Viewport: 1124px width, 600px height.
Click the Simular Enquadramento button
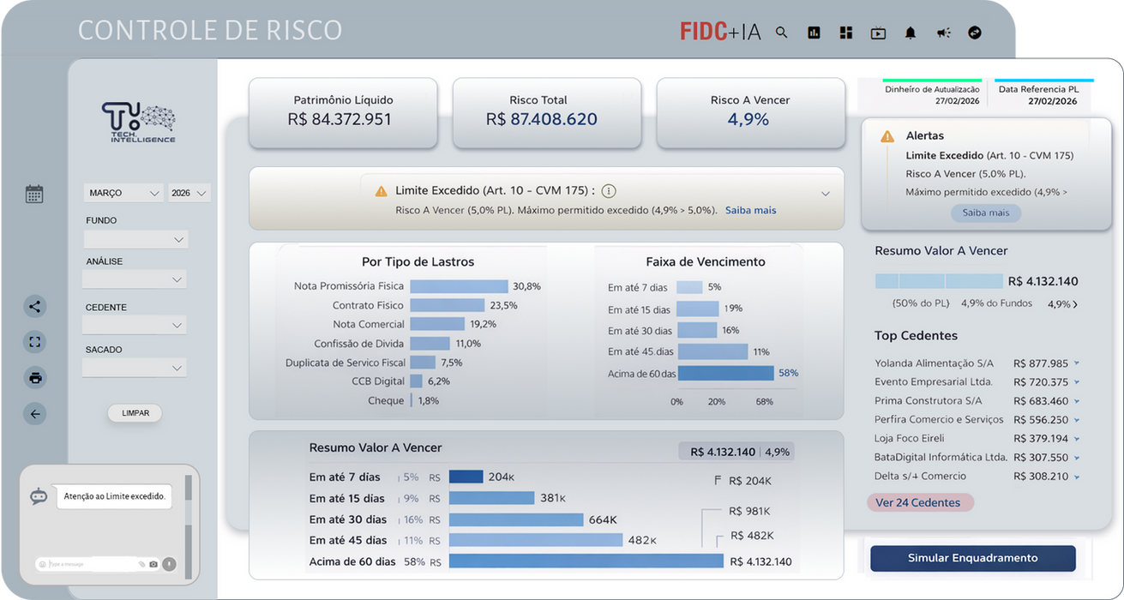point(972,558)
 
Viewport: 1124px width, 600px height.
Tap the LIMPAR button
point(135,413)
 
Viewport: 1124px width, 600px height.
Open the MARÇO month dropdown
point(123,193)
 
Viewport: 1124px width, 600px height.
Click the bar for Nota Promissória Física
point(459,286)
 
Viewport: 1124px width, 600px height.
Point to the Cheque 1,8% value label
point(428,400)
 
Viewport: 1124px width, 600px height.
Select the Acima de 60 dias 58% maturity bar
point(725,373)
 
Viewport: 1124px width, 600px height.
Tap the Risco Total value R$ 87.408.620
point(541,119)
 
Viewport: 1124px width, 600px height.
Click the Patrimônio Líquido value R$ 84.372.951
point(340,119)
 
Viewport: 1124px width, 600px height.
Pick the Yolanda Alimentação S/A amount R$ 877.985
point(1040,363)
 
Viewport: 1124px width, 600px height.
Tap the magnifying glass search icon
point(781,33)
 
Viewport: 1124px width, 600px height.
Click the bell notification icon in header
point(911,33)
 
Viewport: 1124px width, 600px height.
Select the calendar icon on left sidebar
point(34,194)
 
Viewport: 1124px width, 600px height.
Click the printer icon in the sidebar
point(35,378)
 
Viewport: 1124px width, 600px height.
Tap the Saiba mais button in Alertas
point(985,213)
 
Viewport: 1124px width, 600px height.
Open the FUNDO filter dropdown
point(135,239)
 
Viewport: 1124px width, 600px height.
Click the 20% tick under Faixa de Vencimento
point(716,401)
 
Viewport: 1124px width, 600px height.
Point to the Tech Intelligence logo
point(138,123)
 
